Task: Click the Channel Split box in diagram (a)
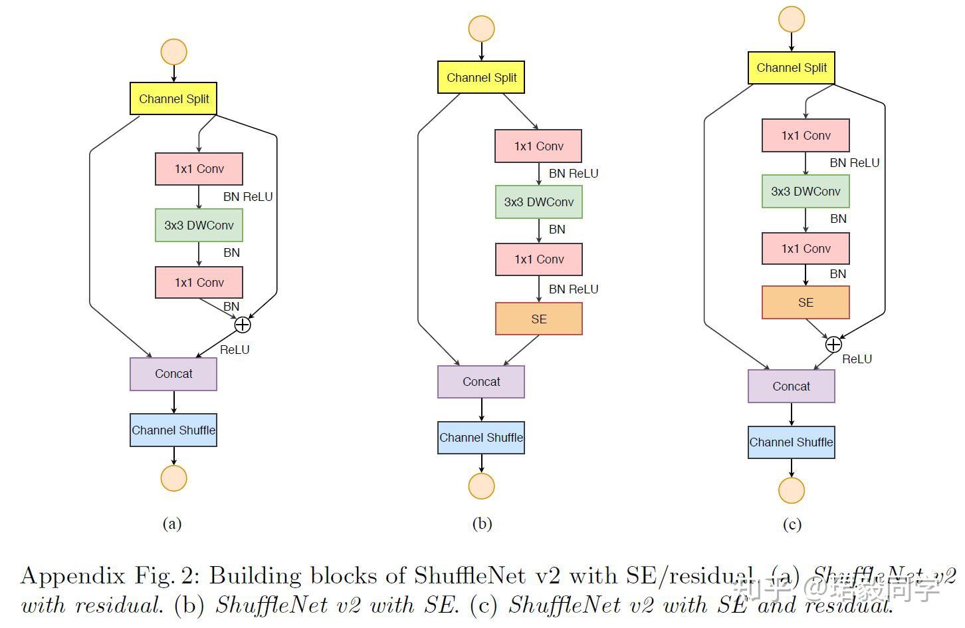coord(173,98)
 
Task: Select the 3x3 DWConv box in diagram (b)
coord(538,202)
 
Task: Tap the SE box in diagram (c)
coord(805,303)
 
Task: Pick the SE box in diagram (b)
coord(538,319)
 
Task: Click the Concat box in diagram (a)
coord(173,374)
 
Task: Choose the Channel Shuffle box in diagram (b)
coord(481,438)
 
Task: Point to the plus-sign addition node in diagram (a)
coord(243,325)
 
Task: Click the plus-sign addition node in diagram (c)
coord(833,345)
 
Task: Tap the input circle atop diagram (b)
coord(481,29)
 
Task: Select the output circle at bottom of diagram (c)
coord(792,490)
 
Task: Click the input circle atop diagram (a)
coord(173,52)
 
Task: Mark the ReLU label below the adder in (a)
coord(235,350)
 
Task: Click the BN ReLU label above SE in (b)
coord(574,289)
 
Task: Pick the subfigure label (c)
coord(792,524)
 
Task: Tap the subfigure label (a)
coord(172,524)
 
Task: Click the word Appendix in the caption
coord(73,576)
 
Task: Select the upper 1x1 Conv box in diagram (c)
coord(805,136)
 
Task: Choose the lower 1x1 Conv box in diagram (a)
coord(199,283)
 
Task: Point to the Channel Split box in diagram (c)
coord(791,68)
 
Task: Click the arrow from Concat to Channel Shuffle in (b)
coord(481,410)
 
